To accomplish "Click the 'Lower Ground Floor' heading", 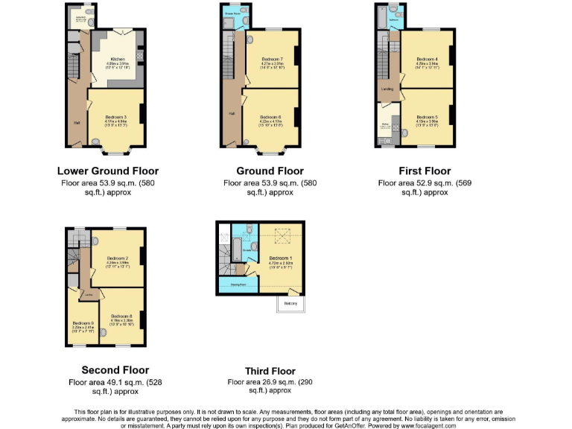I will click(x=108, y=171).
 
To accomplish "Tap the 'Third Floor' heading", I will click(x=270, y=371).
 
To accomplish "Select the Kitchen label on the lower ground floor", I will click(x=118, y=60).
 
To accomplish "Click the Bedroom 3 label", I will click(x=115, y=117).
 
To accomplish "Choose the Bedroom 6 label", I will click(x=270, y=117).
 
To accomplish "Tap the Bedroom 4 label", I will click(x=426, y=58).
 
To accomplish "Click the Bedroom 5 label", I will click(x=427, y=117).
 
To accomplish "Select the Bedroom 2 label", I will click(x=118, y=258).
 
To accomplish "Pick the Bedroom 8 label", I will click(x=121, y=317).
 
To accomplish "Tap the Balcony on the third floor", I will click(x=290, y=304).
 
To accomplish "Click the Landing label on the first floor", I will click(x=387, y=89).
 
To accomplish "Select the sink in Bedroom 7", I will click(x=250, y=39).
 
